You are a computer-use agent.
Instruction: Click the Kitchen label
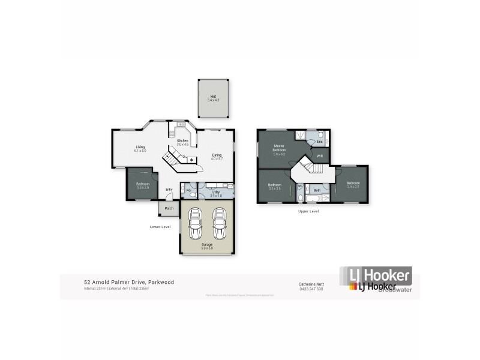182,140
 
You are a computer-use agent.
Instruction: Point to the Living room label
140,147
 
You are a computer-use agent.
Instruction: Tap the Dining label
217,155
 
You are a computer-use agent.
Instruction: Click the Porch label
169,208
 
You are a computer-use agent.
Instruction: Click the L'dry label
215,191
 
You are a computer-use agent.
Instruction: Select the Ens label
320,142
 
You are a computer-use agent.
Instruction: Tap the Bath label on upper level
316,190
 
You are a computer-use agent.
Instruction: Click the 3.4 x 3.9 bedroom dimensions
353,187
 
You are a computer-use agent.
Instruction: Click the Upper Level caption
308,211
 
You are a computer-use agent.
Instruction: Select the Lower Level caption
160,226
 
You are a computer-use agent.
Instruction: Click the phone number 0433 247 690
311,289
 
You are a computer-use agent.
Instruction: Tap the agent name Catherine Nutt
311,283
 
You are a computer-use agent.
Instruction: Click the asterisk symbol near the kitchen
191,160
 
